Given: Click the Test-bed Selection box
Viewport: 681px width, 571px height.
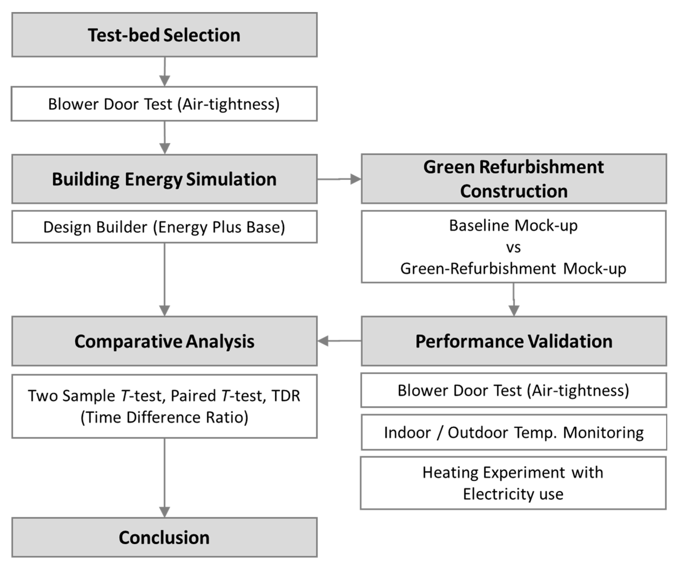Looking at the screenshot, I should tap(164, 35).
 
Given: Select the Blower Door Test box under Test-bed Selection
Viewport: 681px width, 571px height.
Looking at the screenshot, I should tap(164, 104).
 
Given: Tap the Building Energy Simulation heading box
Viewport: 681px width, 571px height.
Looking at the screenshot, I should tap(164, 179).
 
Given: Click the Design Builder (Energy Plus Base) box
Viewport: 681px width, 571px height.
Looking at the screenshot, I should tap(164, 227).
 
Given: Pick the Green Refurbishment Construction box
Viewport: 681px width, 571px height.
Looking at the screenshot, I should tap(514, 179).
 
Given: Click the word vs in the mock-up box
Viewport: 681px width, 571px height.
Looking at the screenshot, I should tap(513, 247).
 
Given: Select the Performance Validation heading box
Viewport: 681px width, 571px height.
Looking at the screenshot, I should tap(514, 341).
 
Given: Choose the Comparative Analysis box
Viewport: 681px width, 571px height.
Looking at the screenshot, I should tap(164, 341).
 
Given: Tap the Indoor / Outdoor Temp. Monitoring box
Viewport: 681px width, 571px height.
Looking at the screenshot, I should tap(514, 432).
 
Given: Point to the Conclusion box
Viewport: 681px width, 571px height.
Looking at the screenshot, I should tap(164, 537).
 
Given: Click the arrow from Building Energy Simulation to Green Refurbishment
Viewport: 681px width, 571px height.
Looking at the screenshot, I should tap(339, 179).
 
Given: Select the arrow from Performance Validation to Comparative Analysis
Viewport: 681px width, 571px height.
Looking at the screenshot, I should tap(339, 341).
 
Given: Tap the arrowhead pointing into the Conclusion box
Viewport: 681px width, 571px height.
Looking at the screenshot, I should tap(165, 512).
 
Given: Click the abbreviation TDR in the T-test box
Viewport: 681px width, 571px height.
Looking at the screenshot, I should tap(286, 396).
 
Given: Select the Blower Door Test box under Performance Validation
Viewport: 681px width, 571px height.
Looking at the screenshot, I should tap(514, 390).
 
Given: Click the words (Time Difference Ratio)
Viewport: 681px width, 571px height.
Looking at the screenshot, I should tap(164, 417).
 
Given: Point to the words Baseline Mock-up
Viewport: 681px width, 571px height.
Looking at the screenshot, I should tap(513, 225).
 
